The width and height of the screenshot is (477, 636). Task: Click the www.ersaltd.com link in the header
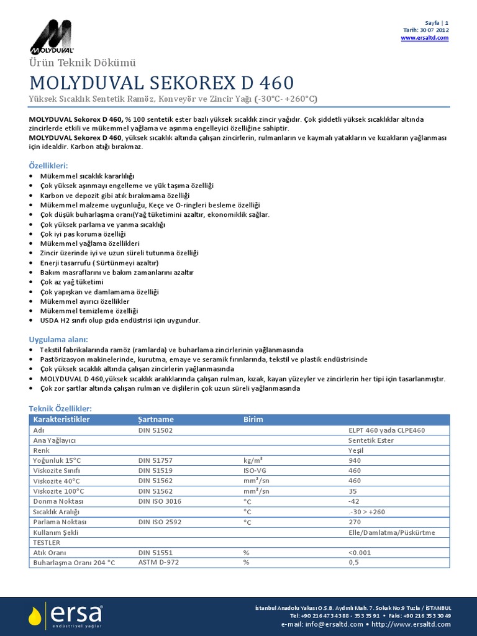424,38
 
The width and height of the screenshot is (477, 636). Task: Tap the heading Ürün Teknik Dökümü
79,63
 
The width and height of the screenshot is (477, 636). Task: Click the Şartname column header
156,419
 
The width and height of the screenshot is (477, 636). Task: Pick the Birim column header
253,419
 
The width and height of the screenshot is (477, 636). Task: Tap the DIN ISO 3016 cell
160,501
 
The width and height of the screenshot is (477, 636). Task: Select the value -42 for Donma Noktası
355,501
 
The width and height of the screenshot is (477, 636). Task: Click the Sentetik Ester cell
372,440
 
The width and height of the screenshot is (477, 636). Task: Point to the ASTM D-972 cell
158,562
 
